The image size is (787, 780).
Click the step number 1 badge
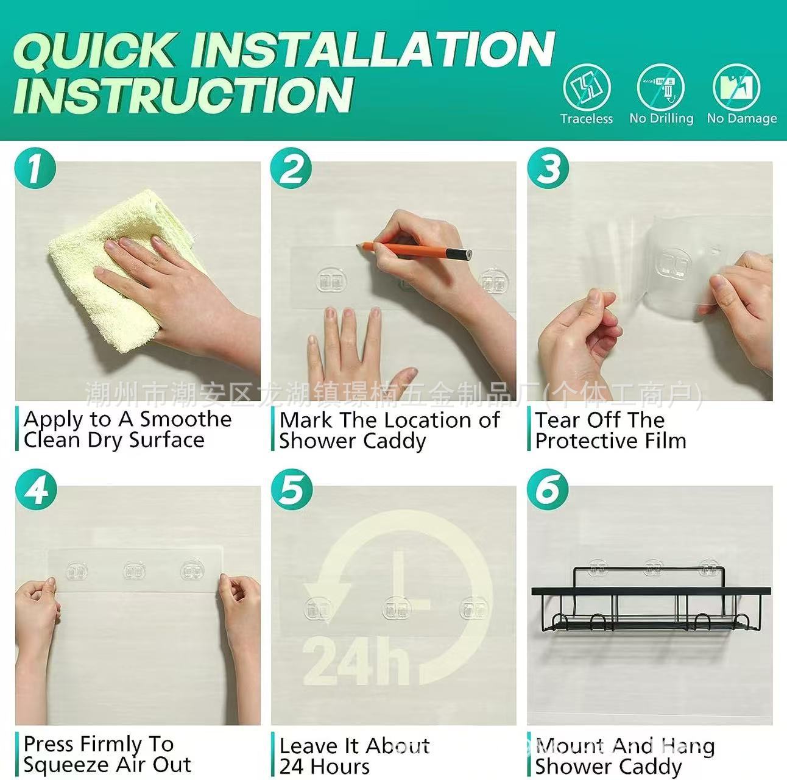tap(35, 168)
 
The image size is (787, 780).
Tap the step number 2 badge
tap(291, 168)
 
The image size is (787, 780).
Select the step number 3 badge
tap(547, 168)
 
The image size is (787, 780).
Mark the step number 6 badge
tap(547, 489)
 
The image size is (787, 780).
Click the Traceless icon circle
tap(587, 87)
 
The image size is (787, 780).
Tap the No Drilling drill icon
tap(661, 87)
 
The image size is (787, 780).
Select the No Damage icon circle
tap(736, 87)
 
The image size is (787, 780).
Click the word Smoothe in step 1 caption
tap(186, 419)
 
